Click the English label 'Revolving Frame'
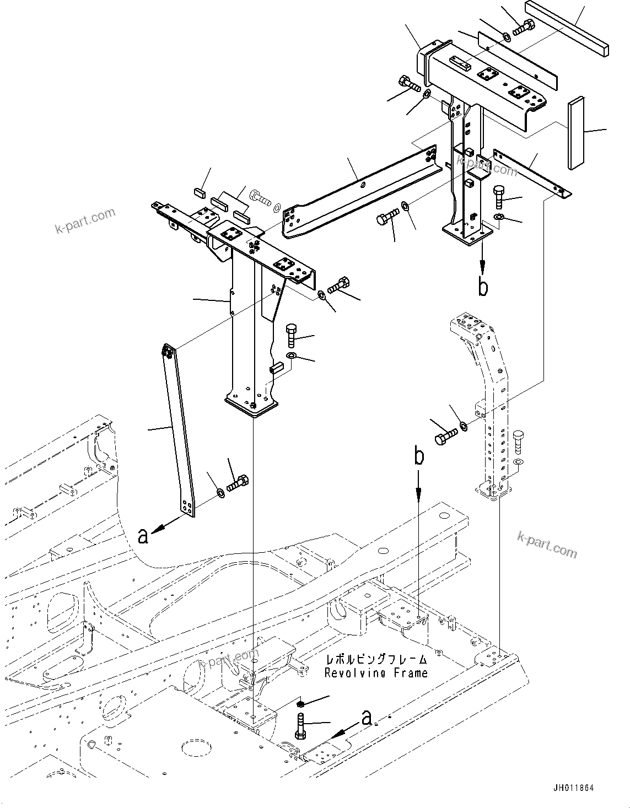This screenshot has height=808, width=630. [376, 673]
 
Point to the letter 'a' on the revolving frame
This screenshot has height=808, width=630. [367, 717]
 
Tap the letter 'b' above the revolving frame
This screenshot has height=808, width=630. [419, 457]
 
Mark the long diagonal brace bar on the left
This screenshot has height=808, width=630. [179, 430]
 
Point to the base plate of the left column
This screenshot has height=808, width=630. [251, 407]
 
